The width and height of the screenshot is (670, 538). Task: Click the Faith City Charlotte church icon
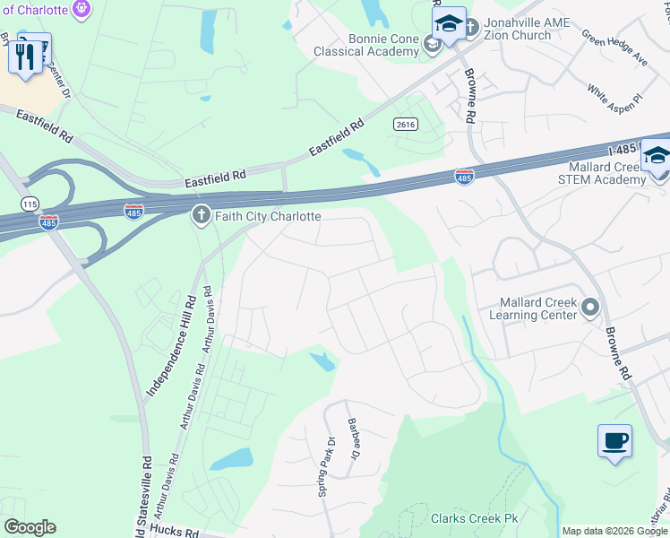point(200,216)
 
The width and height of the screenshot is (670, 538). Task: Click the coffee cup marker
point(614,441)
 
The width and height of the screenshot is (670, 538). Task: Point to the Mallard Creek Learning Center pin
point(589,308)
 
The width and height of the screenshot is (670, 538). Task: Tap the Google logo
point(30,527)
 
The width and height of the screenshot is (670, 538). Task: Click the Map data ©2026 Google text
point(614,531)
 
